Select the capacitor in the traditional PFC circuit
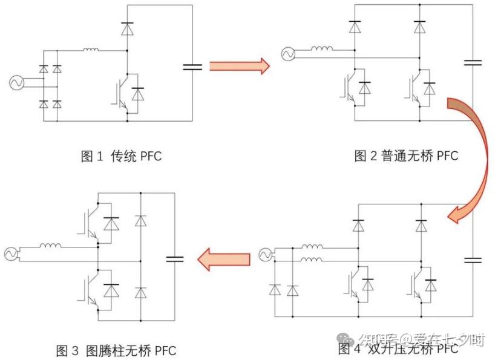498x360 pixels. [192, 67]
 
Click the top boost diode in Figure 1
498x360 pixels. [127, 28]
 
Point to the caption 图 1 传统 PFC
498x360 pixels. [121, 156]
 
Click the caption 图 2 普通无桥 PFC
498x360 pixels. [406, 156]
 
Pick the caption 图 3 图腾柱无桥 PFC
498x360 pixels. [116, 350]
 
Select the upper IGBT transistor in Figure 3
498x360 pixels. [87, 222]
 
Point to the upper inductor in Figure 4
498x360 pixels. [313, 246]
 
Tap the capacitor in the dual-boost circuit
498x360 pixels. [473, 260]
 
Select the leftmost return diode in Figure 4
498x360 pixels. [275, 290]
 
